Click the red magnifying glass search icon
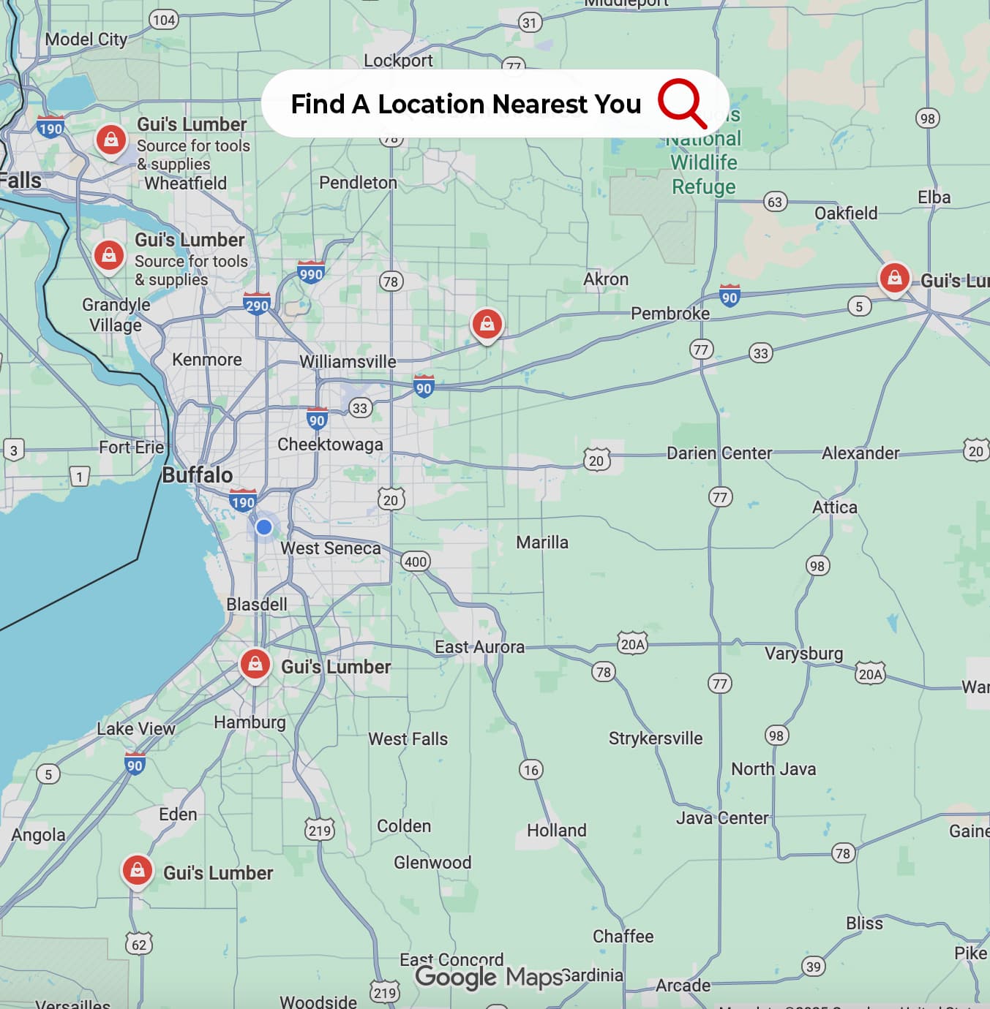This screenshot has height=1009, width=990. (x=681, y=103)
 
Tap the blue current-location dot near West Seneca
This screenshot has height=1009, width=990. (x=264, y=526)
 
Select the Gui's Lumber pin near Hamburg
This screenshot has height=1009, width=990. (x=255, y=665)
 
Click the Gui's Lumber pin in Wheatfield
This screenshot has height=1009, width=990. (x=111, y=139)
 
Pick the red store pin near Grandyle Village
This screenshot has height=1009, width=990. (x=109, y=256)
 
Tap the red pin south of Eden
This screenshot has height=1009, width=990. (x=137, y=870)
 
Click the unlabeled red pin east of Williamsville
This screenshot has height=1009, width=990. (x=487, y=323)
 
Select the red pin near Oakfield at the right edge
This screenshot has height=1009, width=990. (x=894, y=278)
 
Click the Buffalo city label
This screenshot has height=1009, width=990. (x=197, y=475)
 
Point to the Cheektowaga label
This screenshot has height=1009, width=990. (x=330, y=445)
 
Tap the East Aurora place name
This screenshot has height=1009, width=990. (x=479, y=647)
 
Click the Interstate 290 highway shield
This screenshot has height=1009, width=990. (x=257, y=303)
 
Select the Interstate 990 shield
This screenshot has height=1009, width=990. (x=311, y=273)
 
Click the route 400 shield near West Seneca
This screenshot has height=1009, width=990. (x=416, y=562)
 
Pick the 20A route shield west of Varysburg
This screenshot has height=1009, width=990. (x=632, y=644)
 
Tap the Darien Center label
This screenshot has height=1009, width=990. (x=719, y=453)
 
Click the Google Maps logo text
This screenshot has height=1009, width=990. (x=488, y=977)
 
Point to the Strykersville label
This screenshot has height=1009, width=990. (x=655, y=738)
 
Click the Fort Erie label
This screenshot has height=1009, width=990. (x=132, y=447)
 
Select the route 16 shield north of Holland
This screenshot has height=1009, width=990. (x=531, y=769)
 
